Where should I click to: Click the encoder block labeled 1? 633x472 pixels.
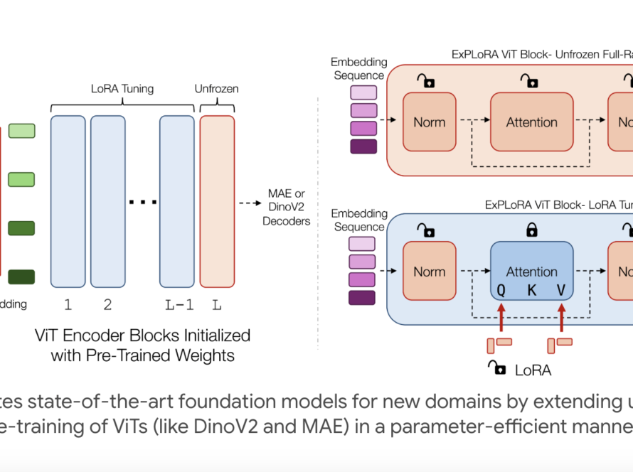click(x=68, y=201)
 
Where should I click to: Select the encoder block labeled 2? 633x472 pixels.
click(x=107, y=201)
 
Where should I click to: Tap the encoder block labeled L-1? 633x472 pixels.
click(x=176, y=201)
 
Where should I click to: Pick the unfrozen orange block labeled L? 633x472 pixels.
click(x=217, y=201)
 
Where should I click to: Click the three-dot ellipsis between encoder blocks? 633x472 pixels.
click(x=142, y=203)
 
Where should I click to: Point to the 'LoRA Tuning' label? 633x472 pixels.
click(x=122, y=90)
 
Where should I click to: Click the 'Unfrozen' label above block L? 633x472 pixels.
click(x=216, y=90)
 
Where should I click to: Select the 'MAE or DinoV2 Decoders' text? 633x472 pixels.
click(x=287, y=207)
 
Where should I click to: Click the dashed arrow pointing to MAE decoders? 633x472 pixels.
click(x=250, y=203)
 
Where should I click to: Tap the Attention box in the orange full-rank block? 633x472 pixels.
click(x=531, y=122)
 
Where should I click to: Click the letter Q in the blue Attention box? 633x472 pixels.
click(x=501, y=290)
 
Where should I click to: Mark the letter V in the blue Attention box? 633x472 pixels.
click(x=562, y=290)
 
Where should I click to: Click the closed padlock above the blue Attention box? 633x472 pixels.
click(x=531, y=230)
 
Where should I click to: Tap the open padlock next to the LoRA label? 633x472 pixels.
click(x=496, y=368)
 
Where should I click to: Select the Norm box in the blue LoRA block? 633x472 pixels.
click(x=429, y=272)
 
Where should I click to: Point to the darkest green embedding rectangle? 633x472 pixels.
click(x=21, y=277)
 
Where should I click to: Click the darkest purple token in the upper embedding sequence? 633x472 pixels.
click(x=363, y=146)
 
